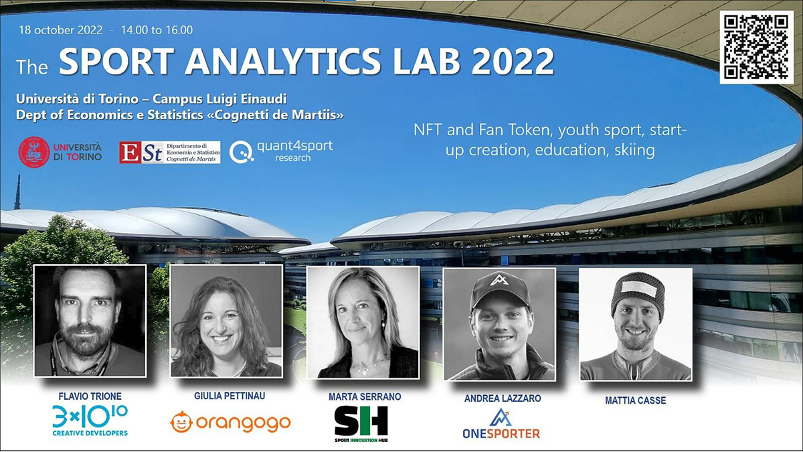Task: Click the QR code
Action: [756, 48]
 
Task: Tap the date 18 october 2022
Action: [61, 29]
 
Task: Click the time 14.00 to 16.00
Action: [157, 29]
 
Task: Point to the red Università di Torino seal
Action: [34, 152]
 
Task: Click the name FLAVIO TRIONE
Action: [90, 396]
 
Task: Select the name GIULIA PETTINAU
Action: [230, 396]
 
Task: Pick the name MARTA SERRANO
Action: [365, 396]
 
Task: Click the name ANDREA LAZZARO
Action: [503, 398]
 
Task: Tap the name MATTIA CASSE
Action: [635, 400]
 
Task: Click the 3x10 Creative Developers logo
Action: [90, 421]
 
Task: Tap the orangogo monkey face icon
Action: [181, 422]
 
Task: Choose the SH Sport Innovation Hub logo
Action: [361, 424]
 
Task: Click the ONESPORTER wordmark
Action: [501, 434]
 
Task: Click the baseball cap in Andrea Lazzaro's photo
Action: [500, 290]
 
